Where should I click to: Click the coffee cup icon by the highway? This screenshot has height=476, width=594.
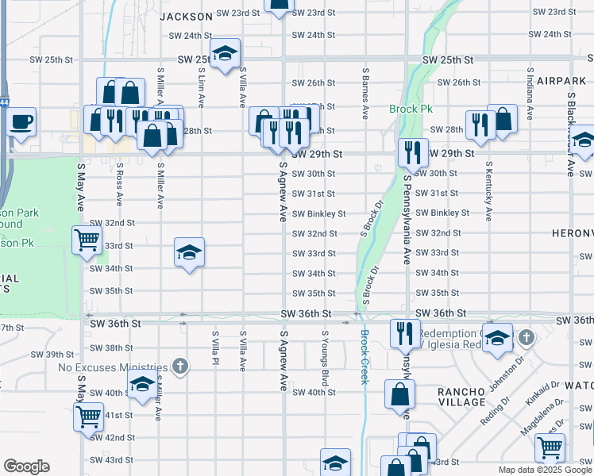point(21,123)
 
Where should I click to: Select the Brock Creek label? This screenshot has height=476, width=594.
point(364,356)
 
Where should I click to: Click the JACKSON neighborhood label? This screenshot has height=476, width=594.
point(186,16)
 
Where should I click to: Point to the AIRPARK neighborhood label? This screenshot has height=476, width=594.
point(560,81)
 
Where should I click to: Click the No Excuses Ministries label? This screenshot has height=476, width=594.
point(113,367)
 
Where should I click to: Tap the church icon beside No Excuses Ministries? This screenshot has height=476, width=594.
point(181,367)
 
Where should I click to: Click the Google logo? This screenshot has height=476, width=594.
point(26,466)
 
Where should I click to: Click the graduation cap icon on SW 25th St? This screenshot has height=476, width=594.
point(226,53)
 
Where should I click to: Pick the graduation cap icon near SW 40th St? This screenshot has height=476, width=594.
point(142,386)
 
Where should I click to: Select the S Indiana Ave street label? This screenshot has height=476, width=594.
point(529,94)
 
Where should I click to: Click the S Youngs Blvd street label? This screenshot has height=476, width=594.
point(325,352)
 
